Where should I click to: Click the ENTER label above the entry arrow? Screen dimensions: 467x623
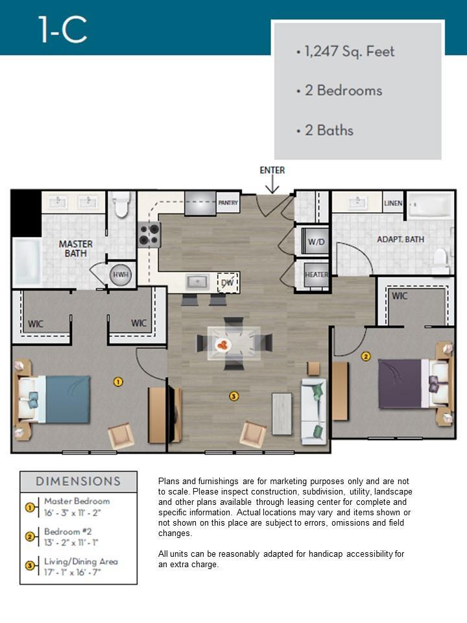pyautogui.click(x=272, y=170)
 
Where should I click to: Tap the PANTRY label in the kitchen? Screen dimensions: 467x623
pyautogui.click(x=228, y=202)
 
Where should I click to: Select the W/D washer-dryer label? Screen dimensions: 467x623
pyautogui.click(x=316, y=241)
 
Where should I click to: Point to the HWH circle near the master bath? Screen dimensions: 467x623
pyautogui.click(x=121, y=275)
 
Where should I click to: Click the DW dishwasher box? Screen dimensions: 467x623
pyautogui.click(x=228, y=282)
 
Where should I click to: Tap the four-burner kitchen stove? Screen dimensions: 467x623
pyautogui.click(x=149, y=234)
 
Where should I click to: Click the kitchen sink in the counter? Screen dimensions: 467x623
pyautogui.click(x=197, y=282)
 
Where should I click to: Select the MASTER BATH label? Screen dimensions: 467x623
pyautogui.click(x=75, y=249)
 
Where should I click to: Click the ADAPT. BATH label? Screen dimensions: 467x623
pyautogui.click(x=400, y=239)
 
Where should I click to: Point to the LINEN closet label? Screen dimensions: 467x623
pyautogui.click(x=393, y=203)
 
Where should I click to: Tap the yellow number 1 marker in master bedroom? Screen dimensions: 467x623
pyautogui.click(x=118, y=382)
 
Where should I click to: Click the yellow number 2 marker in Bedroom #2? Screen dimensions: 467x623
pyautogui.click(x=365, y=356)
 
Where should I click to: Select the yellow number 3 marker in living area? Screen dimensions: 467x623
pyautogui.click(x=234, y=396)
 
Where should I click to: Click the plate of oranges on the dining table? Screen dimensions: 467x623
pyautogui.click(x=223, y=345)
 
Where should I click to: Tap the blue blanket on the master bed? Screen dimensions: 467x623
pyautogui.click(x=67, y=399)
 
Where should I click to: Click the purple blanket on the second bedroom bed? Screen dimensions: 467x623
pyautogui.click(x=400, y=384)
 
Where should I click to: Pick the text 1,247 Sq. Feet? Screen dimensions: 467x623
pyautogui.click(x=350, y=52)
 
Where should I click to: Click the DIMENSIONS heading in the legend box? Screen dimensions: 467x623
pyautogui.click(x=78, y=481)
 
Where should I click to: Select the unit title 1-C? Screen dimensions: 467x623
pyautogui.click(x=63, y=29)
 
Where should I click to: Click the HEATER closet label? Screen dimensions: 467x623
pyautogui.click(x=317, y=275)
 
